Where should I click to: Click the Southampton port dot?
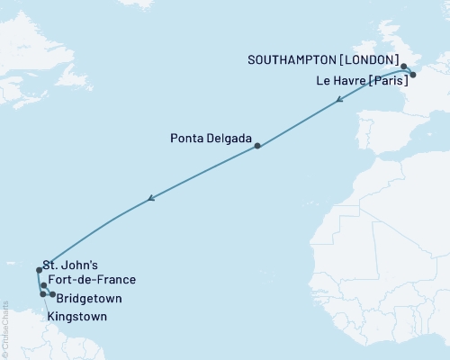pos(404,67)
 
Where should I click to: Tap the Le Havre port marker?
pos(412,76)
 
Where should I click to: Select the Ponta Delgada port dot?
pos(257,146)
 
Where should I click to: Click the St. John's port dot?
pos(39,269)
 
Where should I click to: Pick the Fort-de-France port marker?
pos(43,285)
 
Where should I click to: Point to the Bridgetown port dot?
pos(53,294)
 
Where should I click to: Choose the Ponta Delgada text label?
pos(211,139)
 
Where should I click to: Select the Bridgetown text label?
pos(88,298)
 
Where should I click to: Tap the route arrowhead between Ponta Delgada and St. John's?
pos(152,198)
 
